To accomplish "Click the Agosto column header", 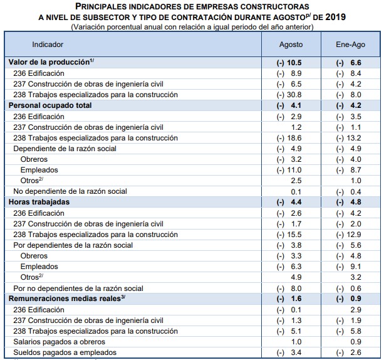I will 291,45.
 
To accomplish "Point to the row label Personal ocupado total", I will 49,105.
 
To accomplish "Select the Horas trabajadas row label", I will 38,202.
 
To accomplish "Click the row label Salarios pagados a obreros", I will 59,342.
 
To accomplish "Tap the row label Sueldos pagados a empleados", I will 65,352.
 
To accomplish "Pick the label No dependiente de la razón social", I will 70,191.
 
